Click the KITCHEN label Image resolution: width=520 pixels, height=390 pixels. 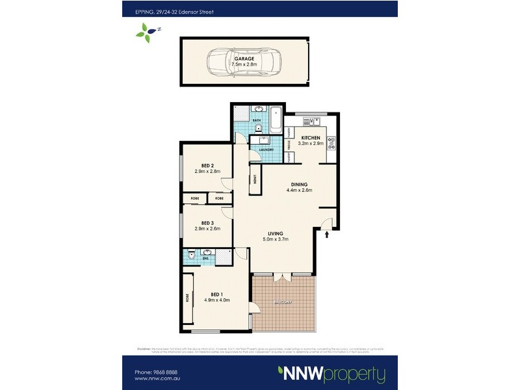click(309, 138)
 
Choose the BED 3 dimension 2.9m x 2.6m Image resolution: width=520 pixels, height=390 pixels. click(207, 229)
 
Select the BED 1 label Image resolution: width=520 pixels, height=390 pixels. click(217, 292)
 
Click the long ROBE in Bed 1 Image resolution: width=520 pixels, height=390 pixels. click(188, 299)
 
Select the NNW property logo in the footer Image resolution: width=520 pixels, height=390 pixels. click(331, 374)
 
